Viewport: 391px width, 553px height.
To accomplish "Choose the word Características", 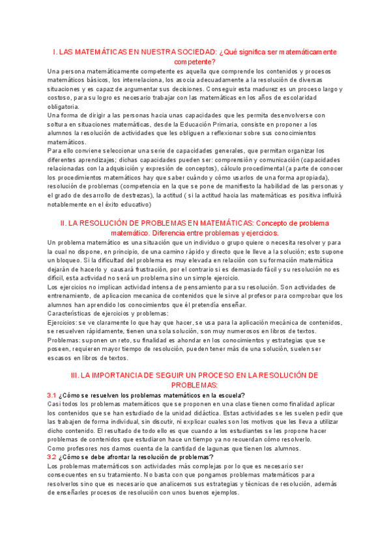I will pyautogui.click(x=72, y=313).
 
